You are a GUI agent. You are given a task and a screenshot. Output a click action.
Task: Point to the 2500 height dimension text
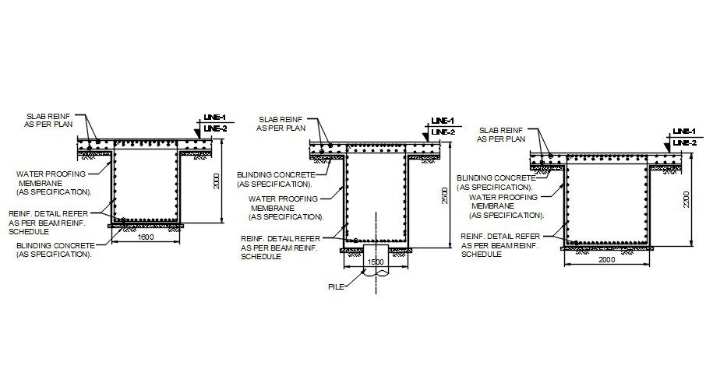pos(443,195)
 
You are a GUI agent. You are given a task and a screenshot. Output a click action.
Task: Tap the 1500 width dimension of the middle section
pos(376,262)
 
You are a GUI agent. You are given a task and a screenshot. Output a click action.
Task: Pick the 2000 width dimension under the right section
pos(606,259)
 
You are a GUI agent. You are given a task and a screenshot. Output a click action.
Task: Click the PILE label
pos(337,286)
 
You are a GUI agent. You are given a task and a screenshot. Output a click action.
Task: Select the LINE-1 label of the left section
pos(214,117)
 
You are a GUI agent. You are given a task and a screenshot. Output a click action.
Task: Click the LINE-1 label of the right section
pos(683,131)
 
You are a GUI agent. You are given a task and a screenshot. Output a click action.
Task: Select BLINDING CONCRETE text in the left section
pos(53,244)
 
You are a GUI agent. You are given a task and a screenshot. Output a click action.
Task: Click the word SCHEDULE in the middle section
pos(261,256)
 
